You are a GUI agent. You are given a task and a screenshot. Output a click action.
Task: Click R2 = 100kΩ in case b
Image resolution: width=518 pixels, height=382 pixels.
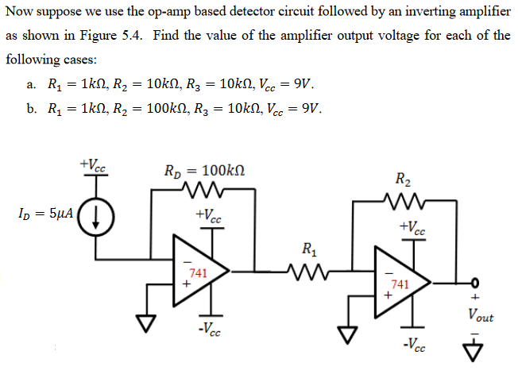tap(159, 110)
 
